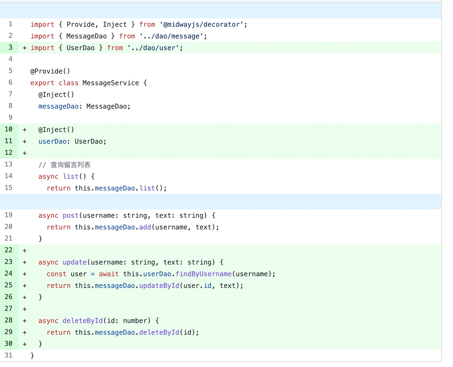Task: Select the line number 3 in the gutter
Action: [10, 47]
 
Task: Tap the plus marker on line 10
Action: [25, 130]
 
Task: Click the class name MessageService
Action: [111, 83]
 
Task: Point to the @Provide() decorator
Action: [50, 71]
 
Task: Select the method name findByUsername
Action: [203, 274]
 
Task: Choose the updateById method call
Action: [159, 286]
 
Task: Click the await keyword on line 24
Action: [109, 274]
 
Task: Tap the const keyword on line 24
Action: [56, 274]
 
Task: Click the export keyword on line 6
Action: [42, 83]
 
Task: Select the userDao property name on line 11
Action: [52, 141]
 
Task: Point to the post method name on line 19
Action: [70, 216]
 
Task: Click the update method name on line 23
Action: [75, 262]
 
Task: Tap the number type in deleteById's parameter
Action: [135, 321]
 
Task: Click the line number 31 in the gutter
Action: [9, 355]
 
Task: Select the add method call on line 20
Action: [145, 227]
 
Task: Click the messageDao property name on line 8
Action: [59, 106]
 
